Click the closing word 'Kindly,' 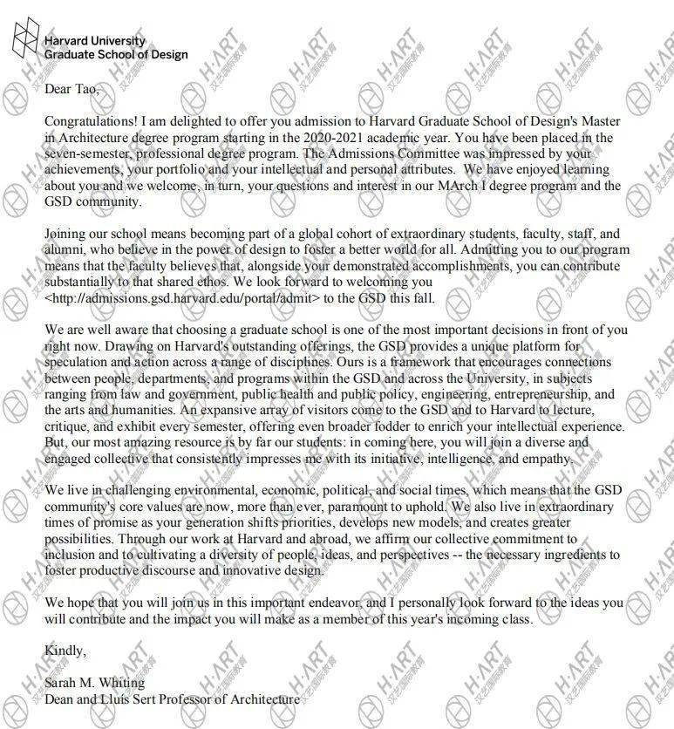tap(65, 651)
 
